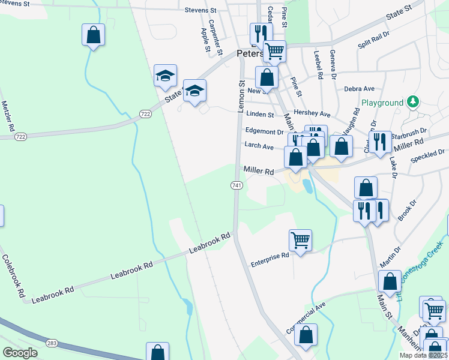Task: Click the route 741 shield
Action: pos(237,186)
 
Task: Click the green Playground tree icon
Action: pos(412,102)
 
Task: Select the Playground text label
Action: pos(382,103)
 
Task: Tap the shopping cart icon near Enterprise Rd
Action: pos(300,240)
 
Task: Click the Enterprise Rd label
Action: pos(270,259)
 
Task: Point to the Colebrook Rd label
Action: pos(13,277)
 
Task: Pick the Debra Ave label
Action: pos(360,89)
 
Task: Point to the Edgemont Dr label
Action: pos(264,131)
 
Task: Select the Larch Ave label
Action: pos(259,146)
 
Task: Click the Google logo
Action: pos(20,353)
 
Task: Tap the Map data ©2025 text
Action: pos(423,355)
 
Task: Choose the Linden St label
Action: pos(259,114)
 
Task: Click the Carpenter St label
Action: pos(212,35)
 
